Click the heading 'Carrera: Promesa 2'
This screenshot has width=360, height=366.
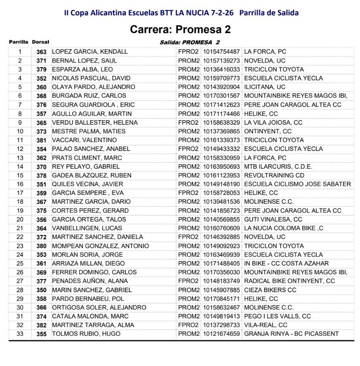coord(180,30)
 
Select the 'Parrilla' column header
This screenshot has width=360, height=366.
coord(19,42)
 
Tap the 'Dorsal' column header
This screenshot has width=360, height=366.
coord(40,42)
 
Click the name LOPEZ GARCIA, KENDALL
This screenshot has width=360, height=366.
coord(90,52)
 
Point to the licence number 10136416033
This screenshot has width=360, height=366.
coord(221,69)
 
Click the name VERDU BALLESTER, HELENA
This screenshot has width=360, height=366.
coord(95,122)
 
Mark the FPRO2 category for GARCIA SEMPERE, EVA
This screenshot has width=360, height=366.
coord(188,193)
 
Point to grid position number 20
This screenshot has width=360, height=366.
coord(20,220)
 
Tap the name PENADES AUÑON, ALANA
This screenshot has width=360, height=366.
coord(90,281)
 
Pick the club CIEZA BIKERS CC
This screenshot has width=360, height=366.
coord(270,290)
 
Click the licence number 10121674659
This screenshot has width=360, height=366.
coord(221,334)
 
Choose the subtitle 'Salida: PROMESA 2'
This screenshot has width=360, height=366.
coord(190,42)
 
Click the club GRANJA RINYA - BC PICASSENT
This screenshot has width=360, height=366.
coord(291,334)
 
